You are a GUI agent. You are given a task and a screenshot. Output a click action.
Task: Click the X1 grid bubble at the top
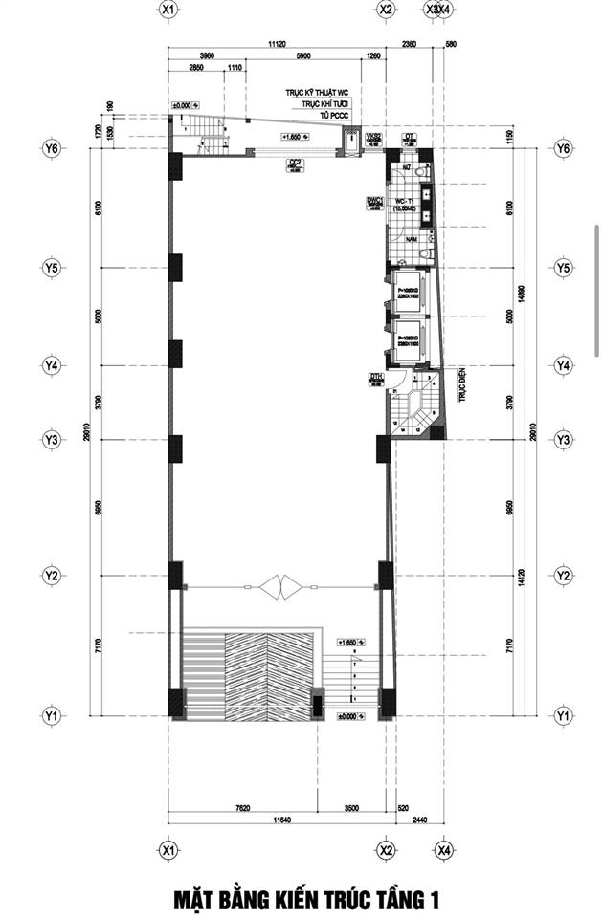168,10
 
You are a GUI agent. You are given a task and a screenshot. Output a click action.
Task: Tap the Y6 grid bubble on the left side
52,149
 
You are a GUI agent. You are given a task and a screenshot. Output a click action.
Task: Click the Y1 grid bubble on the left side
52,715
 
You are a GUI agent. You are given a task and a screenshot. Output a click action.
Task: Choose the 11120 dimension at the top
278,44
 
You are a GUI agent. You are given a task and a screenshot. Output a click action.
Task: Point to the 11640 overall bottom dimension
279,820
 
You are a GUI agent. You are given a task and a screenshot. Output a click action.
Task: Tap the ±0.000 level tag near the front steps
346,714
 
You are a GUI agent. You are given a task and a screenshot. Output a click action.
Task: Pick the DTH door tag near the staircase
376,379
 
